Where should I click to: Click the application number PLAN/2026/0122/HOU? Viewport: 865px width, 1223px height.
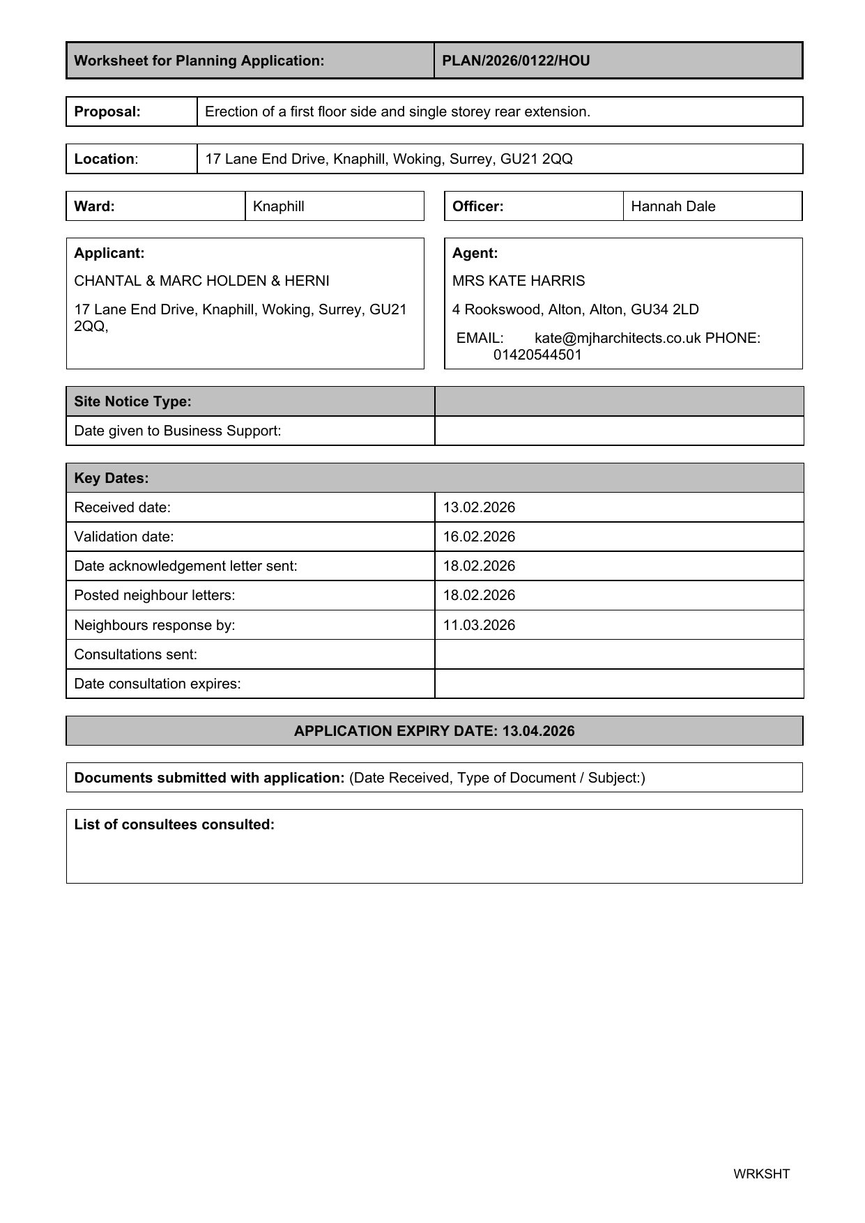(516, 61)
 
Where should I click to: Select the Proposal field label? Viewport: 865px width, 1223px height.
(107, 111)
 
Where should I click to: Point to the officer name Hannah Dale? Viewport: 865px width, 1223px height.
(673, 206)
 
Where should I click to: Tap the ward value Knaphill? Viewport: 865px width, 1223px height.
(278, 206)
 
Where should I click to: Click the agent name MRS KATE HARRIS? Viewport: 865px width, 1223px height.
(519, 281)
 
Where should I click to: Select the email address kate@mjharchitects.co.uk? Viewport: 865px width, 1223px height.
(617, 338)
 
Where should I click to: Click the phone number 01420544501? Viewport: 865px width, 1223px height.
(537, 355)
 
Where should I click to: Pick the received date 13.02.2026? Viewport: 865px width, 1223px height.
(479, 507)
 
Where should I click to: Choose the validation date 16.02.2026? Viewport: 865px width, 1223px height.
(479, 537)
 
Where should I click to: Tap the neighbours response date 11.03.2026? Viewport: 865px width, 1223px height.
(479, 625)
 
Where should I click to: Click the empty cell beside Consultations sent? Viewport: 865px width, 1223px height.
(618, 654)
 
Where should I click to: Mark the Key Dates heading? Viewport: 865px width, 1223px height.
(112, 478)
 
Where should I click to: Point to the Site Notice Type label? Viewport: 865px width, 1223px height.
(132, 401)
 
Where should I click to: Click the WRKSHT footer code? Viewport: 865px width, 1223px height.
(761, 1174)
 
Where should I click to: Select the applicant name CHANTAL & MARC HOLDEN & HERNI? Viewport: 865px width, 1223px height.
(201, 281)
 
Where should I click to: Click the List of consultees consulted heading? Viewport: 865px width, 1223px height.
(174, 824)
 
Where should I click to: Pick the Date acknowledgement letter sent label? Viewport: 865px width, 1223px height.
(185, 566)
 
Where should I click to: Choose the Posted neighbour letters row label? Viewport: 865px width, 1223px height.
(154, 595)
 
